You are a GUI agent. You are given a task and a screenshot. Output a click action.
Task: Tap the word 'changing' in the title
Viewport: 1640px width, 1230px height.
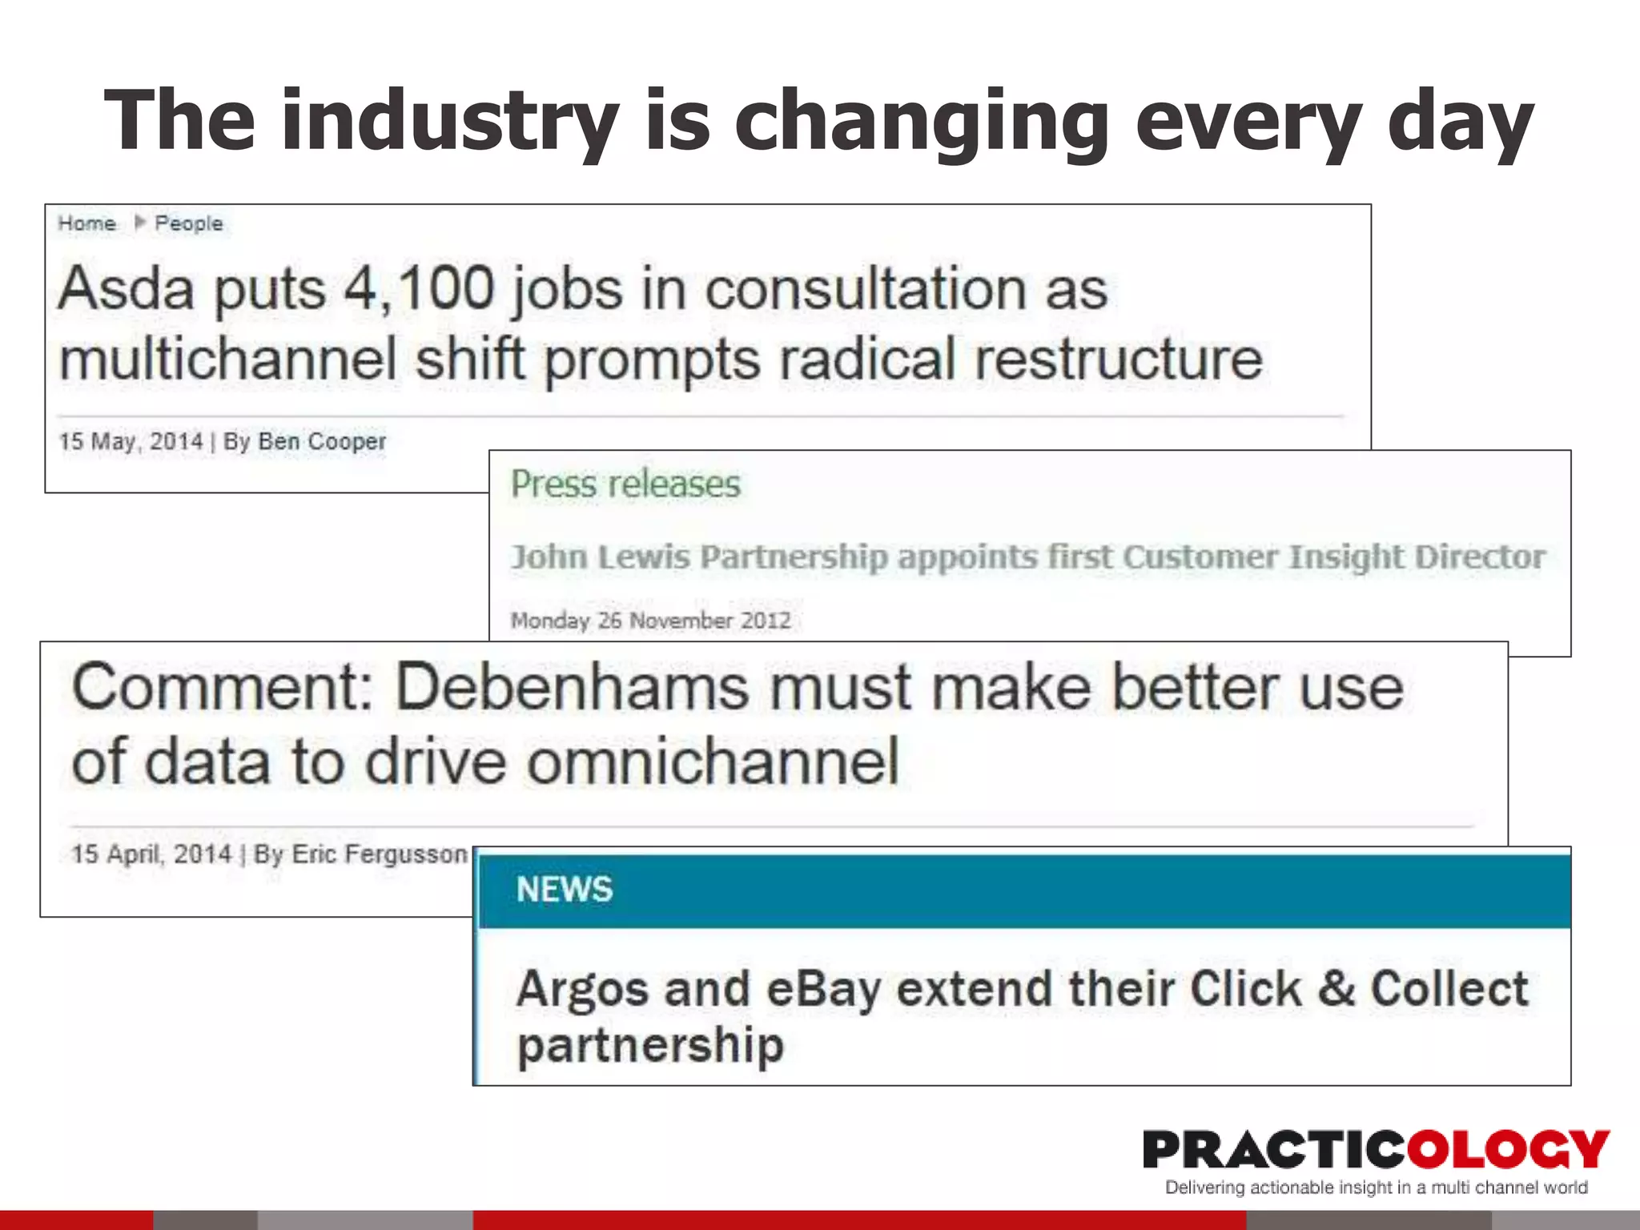click(x=922, y=122)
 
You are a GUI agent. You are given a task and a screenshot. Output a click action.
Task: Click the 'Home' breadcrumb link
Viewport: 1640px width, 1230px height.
click(x=86, y=223)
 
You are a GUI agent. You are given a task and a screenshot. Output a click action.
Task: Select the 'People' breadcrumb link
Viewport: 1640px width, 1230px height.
click(x=188, y=223)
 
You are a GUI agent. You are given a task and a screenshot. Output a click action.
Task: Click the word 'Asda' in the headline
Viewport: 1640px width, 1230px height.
click(x=126, y=288)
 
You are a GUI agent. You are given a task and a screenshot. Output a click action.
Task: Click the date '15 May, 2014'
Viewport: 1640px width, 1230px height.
click(x=131, y=441)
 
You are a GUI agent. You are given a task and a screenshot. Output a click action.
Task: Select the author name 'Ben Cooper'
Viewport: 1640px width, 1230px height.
click(x=322, y=441)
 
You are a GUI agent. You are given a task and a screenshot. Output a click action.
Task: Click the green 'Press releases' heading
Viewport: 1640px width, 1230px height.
click(x=625, y=484)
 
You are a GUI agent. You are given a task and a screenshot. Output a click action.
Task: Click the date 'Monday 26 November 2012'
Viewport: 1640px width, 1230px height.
click(x=650, y=621)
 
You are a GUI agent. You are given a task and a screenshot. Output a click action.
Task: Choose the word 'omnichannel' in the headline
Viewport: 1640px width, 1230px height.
click(x=713, y=762)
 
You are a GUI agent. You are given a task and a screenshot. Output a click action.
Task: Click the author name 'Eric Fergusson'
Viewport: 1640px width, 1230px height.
click(x=379, y=854)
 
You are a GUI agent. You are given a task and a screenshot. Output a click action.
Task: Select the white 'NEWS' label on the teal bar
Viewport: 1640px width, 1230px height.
click(x=565, y=890)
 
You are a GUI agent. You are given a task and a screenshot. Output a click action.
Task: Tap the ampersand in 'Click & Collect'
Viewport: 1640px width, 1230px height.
click(x=1336, y=989)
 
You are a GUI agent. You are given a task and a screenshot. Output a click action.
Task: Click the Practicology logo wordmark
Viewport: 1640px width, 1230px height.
click(x=1376, y=1149)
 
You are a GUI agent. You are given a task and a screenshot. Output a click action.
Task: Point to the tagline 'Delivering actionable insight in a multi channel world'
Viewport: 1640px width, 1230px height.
click(x=1376, y=1188)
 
